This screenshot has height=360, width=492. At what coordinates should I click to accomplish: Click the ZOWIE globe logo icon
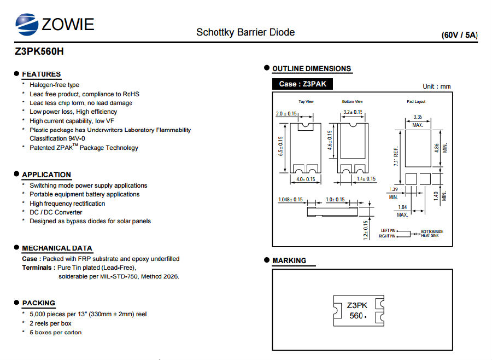click(x=27, y=24)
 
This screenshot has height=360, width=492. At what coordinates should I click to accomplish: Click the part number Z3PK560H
click(x=39, y=51)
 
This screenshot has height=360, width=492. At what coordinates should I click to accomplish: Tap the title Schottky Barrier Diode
click(x=245, y=32)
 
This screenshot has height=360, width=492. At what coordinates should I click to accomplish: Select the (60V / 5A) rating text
click(x=459, y=35)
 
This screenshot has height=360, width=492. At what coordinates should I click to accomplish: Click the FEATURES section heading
click(x=42, y=74)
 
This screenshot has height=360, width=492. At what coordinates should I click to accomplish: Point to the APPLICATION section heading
click(x=46, y=175)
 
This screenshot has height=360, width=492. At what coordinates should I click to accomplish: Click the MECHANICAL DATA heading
click(x=57, y=248)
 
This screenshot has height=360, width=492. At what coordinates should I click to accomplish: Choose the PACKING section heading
click(x=39, y=303)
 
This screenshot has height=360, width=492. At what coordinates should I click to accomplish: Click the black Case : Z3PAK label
click(x=302, y=84)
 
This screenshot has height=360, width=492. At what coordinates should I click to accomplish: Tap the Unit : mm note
click(x=436, y=86)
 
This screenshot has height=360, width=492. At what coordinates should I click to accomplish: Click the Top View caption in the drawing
click(x=306, y=101)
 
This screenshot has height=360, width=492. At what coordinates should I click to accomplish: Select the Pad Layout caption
click(x=416, y=101)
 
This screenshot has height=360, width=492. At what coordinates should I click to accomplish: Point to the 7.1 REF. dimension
click(x=396, y=156)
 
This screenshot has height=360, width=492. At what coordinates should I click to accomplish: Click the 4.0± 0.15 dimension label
click(x=306, y=179)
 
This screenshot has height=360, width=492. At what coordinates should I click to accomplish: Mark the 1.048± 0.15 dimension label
click(x=291, y=200)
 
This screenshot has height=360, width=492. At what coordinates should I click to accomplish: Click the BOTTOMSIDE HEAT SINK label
click(x=432, y=234)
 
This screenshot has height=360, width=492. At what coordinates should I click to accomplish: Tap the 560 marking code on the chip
click(x=356, y=315)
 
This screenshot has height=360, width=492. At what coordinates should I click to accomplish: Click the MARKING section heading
click(x=289, y=260)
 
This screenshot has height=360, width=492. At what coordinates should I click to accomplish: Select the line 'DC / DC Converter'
click(x=56, y=212)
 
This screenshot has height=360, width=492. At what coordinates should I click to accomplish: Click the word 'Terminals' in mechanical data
click(x=37, y=268)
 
